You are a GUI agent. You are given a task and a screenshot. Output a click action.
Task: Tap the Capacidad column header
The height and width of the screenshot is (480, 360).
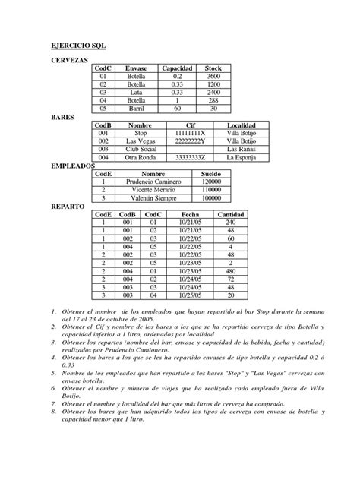[x=177, y=68]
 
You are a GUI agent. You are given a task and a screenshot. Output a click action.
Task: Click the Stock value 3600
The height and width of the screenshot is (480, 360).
[x=213, y=76]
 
